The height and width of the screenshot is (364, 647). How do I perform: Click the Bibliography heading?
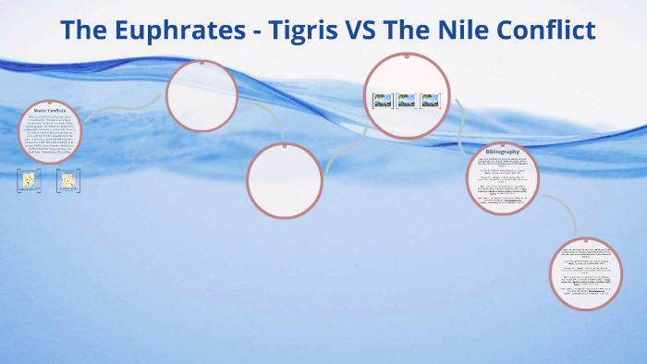pos(502,152)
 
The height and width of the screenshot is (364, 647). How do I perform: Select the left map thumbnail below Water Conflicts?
pos(29,180)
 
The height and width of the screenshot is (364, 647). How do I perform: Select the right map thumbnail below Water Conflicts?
pos(67,180)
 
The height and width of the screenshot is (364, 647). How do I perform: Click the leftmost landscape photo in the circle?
pos(383,101)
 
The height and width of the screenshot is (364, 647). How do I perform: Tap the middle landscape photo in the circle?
pos(407,101)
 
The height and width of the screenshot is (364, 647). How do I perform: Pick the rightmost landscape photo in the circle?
pos(430,101)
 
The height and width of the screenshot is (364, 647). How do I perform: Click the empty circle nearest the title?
pos(201,95)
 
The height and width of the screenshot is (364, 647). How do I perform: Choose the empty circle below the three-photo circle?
pos(285,180)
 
